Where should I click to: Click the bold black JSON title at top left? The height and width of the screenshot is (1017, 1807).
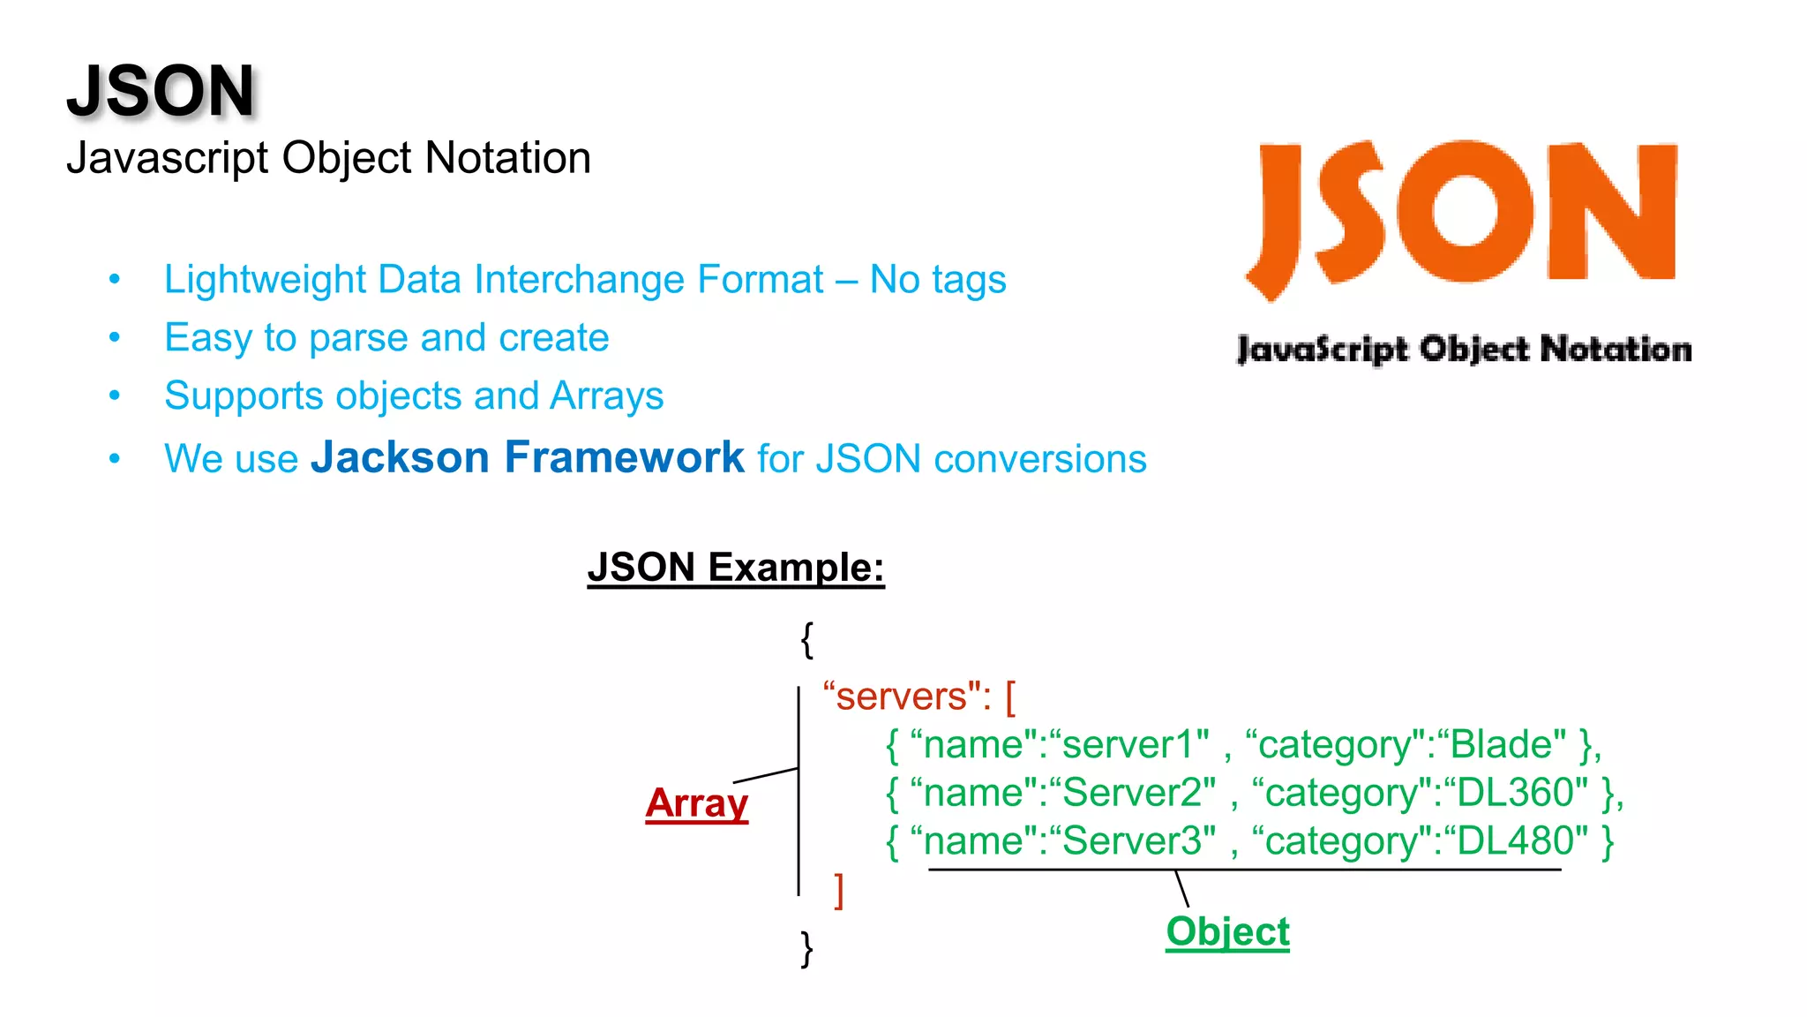(x=161, y=91)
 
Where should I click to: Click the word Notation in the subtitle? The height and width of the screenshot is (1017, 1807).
(x=507, y=159)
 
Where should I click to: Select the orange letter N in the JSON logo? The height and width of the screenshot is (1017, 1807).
(x=1611, y=212)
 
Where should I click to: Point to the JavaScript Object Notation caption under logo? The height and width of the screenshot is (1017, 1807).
(x=1464, y=350)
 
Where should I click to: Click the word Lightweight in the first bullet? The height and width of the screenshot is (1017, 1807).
(x=263, y=280)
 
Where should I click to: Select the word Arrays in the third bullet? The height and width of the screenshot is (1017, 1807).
(x=606, y=396)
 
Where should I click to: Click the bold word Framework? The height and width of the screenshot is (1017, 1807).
(x=625, y=457)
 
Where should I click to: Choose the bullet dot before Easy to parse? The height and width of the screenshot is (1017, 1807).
(x=115, y=337)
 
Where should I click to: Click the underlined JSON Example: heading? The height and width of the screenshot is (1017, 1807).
(x=735, y=567)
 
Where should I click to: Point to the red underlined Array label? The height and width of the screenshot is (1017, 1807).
(x=696, y=803)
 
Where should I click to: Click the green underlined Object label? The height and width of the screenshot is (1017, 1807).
(x=1227, y=931)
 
